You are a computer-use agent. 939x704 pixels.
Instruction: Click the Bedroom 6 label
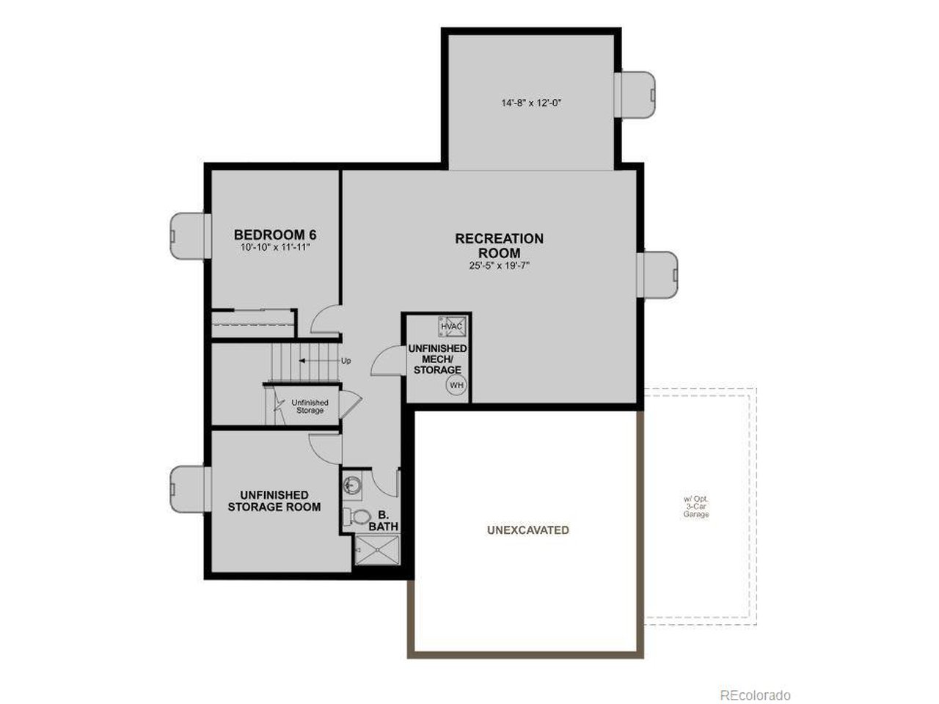275,235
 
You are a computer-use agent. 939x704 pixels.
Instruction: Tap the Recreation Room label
499,246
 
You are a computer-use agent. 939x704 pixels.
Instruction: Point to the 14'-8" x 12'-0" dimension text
531,103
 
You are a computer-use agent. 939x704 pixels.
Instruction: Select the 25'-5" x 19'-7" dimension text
499,266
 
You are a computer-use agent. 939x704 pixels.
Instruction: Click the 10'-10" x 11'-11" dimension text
275,248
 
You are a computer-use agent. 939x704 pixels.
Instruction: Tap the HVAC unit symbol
451,326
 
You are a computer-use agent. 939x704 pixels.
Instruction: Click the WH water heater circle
456,385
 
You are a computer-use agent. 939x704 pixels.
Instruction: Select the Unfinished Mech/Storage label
437,359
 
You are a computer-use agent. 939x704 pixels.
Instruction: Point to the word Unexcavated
527,530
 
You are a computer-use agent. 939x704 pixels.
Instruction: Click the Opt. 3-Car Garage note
696,507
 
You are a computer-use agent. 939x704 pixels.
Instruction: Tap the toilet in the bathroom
357,517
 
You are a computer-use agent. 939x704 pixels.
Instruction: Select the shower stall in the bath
377,550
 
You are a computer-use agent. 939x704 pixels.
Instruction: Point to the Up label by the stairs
346,361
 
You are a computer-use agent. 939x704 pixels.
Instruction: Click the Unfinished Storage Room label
274,501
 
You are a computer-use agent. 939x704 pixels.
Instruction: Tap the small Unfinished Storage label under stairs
310,406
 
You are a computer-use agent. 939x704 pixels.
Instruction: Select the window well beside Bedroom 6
187,235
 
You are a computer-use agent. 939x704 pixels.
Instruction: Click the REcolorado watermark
754,694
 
